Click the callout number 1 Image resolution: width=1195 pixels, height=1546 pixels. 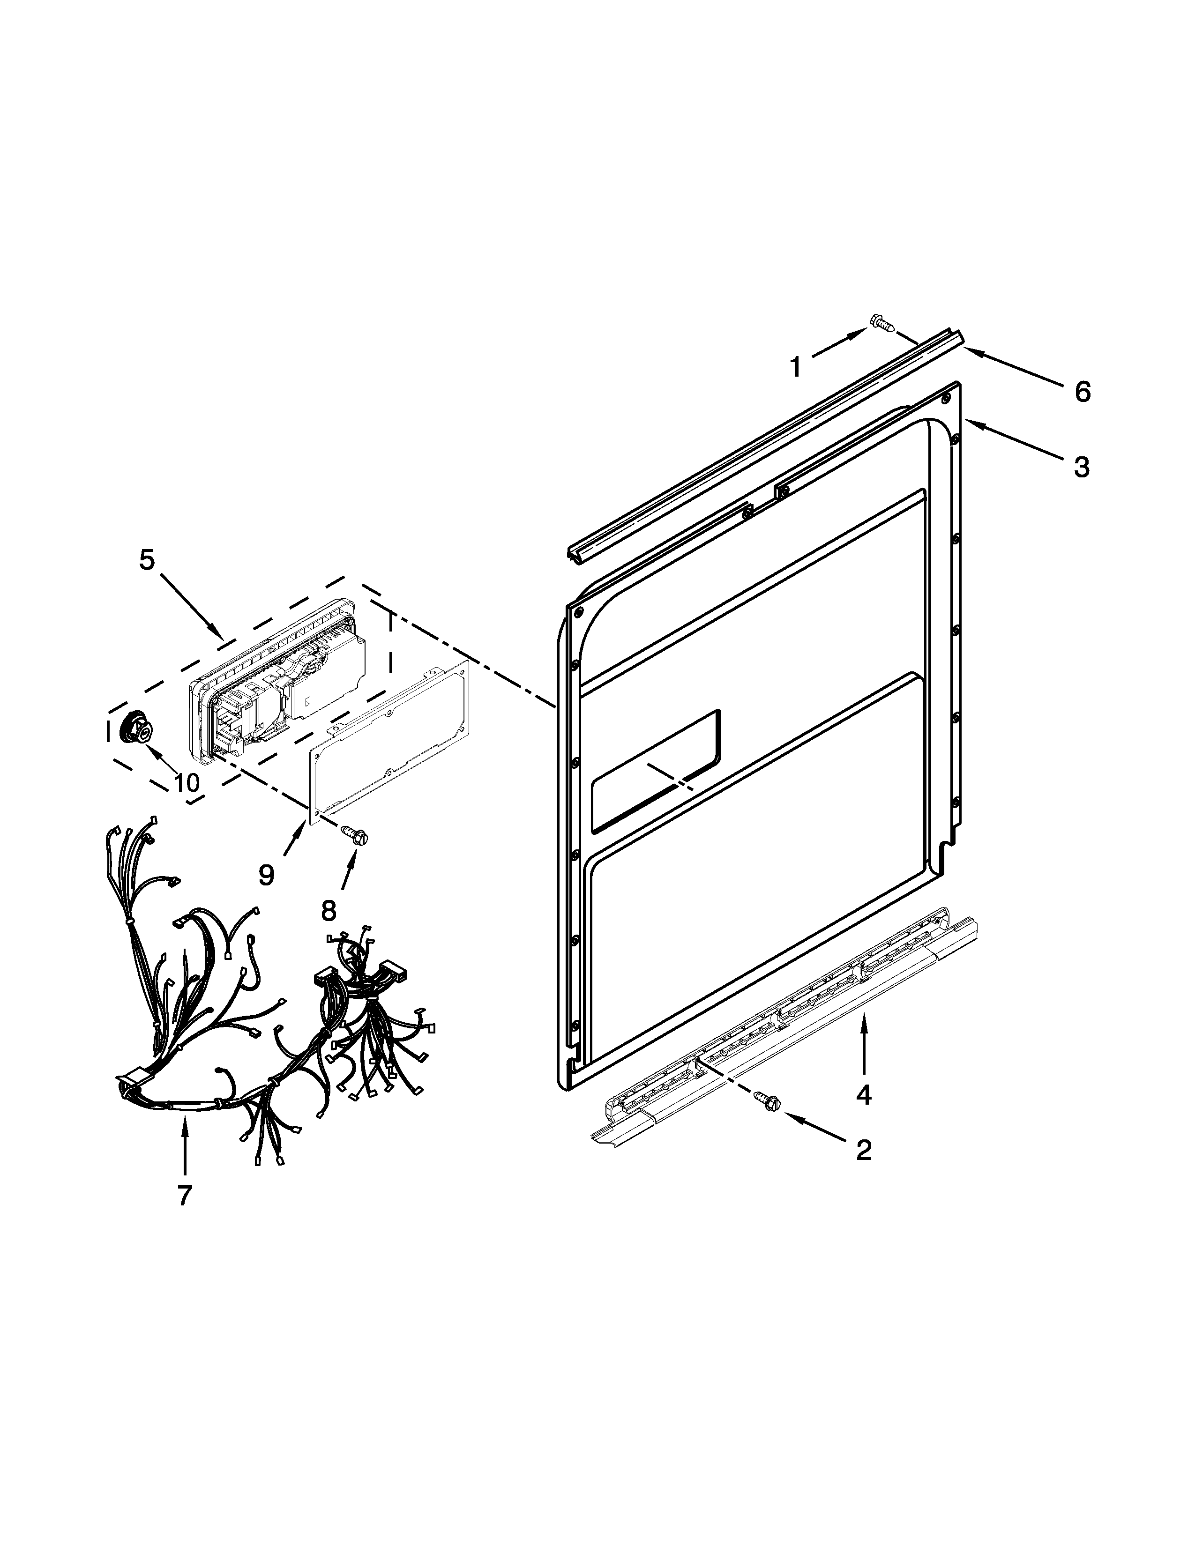tap(796, 367)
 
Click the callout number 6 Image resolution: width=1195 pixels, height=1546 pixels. tap(1083, 392)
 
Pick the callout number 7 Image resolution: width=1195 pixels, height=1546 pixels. tap(184, 1196)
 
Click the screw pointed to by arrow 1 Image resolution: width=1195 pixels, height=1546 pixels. tap(881, 324)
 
